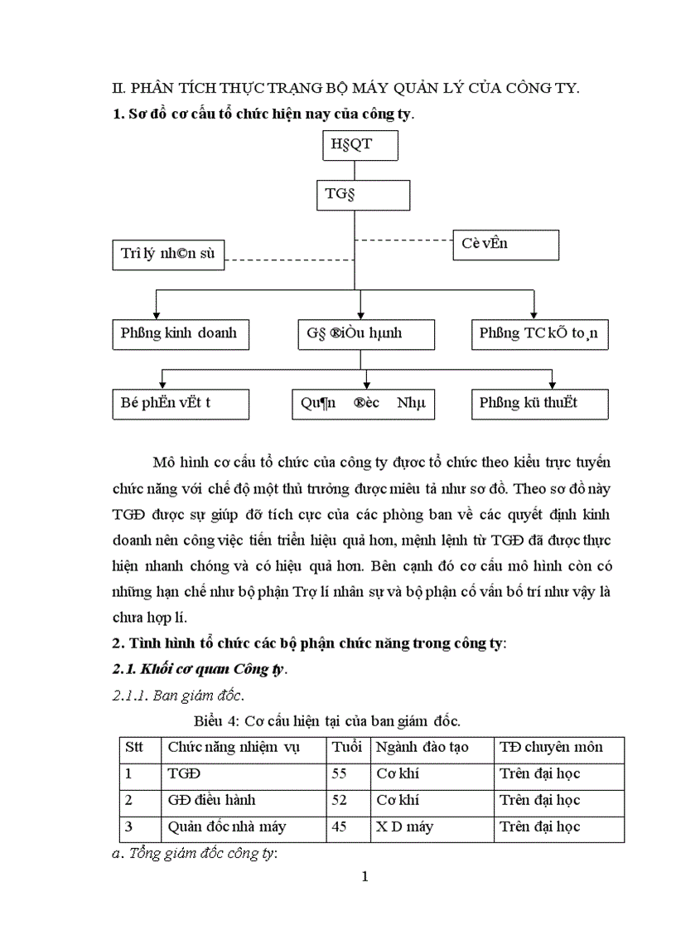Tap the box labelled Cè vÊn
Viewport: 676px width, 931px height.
(x=505, y=245)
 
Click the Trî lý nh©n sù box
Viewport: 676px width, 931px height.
(x=169, y=254)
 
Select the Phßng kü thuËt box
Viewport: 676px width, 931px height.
(x=539, y=404)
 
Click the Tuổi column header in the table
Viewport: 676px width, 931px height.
(x=347, y=748)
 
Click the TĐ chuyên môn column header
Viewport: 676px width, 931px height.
(x=551, y=748)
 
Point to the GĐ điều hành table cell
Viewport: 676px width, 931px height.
(x=212, y=800)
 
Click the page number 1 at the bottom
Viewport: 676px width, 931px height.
(x=364, y=878)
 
